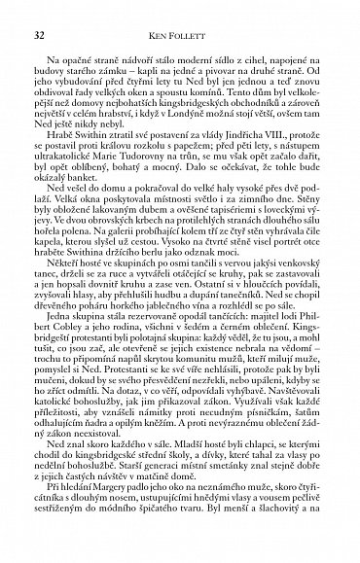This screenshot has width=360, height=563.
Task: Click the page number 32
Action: (38, 37)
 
